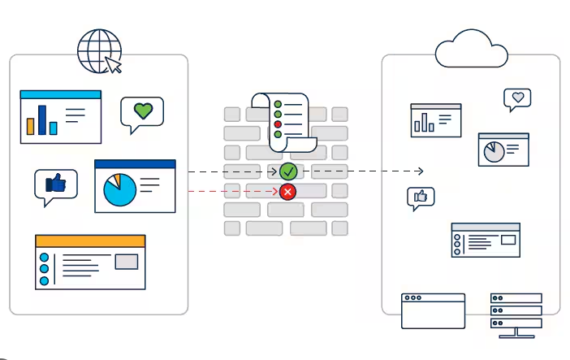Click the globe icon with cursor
coord(99,52)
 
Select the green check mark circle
coord(288,171)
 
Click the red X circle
coord(287,192)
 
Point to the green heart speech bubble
coord(142,114)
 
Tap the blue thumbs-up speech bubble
coord(55,185)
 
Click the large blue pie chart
coord(119,190)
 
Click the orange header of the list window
coord(90,241)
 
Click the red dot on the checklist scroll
coord(278,124)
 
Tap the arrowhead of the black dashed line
coord(420,171)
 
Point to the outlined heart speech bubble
coord(516,98)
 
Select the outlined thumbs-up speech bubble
coord(421,197)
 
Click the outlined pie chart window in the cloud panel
coord(503,150)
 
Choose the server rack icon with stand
coord(516,313)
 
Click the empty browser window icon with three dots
coord(433,310)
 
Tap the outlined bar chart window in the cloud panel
coord(435,119)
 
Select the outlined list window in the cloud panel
coord(485,240)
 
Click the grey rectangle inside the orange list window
coord(126,262)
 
